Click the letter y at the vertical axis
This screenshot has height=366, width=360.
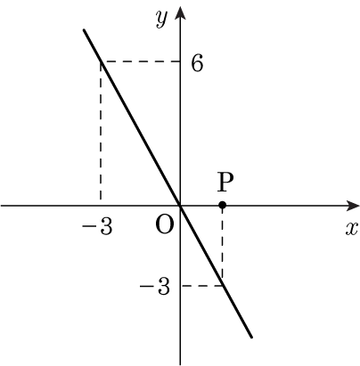pyautogui.click(x=161, y=19)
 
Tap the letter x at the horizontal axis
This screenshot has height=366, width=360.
pyautogui.click(x=351, y=229)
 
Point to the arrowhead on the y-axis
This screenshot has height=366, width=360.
pyautogui.click(x=180, y=12)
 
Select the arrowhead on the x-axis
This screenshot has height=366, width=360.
pyautogui.click(x=352, y=206)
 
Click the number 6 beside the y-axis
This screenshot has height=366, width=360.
pyautogui.click(x=197, y=63)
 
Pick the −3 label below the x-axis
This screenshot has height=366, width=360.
pyautogui.click(x=98, y=227)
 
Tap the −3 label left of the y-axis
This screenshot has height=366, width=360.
pyautogui.click(x=155, y=286)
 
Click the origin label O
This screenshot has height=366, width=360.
pyautogui.click(x=164, y=225)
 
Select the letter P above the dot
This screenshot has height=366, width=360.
pyautogui.click(x=225, y=182)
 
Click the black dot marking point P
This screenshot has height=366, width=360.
pyautogui.click(x=222, y=205)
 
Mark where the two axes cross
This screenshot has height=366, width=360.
pyautogui.click(x=180, y=206)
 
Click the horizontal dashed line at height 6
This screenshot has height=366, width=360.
pyautogui.click(x=140, y=61)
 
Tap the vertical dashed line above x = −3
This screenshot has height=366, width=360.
pyautogui.click(x=101, y=131)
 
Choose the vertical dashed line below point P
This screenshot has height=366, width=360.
pyautogui.click(x=222, y=245)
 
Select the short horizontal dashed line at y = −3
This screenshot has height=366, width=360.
pyautogui.click(x=202, y=286)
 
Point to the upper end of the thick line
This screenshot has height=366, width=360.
pyautogui.click(x=84, y=29)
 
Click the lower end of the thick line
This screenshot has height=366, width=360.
pyautogui.click(x=251, y=337)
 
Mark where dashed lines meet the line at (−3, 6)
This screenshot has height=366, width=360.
pyautogui.click(x=101, y=61)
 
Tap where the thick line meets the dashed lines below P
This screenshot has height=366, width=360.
pyautogui.click(x=223, y=285)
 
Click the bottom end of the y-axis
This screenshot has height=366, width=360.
pyautogui.click(x=180, y=364)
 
